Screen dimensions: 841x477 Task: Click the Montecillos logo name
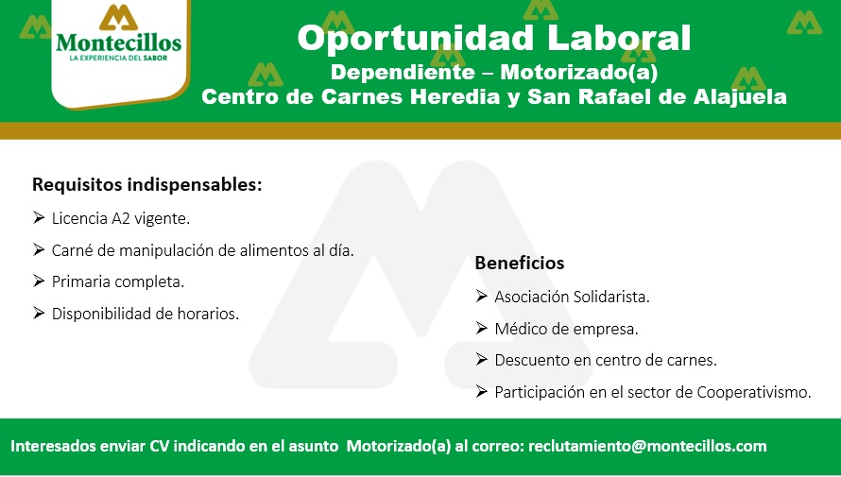[x=118, y=43]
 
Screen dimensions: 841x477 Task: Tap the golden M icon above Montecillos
[x=118, y=17]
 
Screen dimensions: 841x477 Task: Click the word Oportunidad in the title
[x=415, y=39]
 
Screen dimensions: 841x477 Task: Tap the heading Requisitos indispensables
[x=147, y=184]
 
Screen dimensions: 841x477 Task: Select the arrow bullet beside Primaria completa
[x=39, y=281]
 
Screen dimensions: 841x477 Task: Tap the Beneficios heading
[x=519, y=263]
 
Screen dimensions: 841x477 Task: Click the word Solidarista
[x=611, y=297]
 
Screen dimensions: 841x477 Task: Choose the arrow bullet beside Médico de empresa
[x=481, y=328]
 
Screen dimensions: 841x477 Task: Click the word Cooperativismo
[x=753, y=392]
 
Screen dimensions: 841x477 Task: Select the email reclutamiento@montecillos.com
[x=647, y=446]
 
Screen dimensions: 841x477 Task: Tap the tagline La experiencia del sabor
[x=118, y=58]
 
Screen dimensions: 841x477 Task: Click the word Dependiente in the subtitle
[x=403, y=73]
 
